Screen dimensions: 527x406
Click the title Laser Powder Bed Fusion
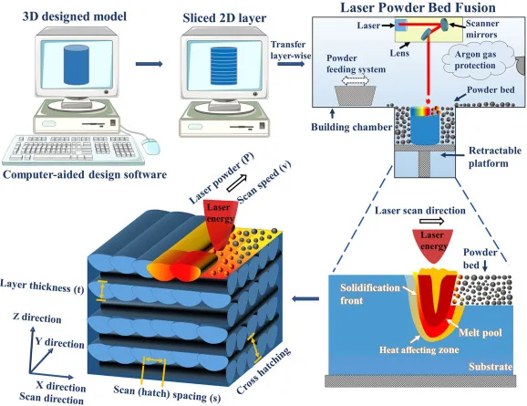[418, 7]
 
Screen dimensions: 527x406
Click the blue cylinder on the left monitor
[77, 65]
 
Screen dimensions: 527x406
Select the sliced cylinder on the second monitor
[223, 66]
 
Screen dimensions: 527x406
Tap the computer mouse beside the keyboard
[150, 146]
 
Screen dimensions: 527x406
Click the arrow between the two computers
[149, 64]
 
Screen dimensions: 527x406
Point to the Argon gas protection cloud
[478, 59]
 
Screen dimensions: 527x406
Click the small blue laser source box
[401, 25]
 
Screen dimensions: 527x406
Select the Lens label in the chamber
[399, 53]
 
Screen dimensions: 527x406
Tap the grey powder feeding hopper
[356, 95]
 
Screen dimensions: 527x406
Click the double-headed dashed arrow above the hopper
[356, 80]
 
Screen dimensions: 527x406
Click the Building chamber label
[351, 127]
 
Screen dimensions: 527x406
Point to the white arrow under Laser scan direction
[432, 221]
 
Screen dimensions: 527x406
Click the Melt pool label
[480, 333]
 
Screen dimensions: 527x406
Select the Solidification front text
[369, 294]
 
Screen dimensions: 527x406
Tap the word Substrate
[491, 366]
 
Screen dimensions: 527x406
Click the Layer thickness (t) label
[42, 286]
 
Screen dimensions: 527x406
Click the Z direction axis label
[37, 318]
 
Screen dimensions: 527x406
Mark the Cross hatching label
[263, 371]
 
